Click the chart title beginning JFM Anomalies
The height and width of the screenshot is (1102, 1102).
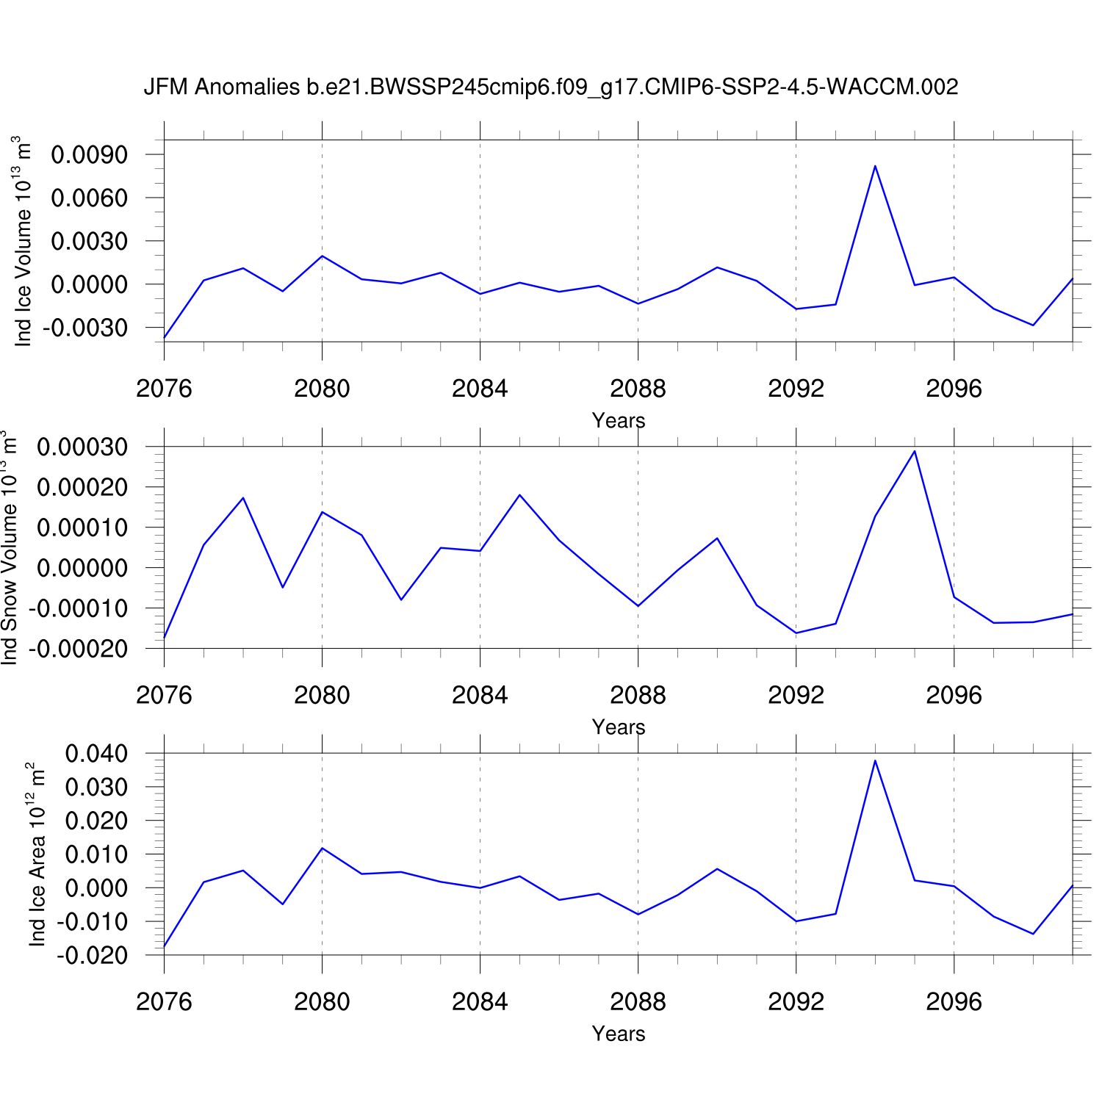coord(550,87)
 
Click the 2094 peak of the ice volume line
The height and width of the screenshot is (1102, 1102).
coord(875,166)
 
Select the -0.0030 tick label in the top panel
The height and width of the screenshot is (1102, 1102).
coord(85,328)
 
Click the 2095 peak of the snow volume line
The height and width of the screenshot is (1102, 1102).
coord(915,451)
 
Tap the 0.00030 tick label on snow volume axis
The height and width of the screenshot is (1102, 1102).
coord(82,447)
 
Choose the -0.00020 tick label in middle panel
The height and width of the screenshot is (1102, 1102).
coord(78,649)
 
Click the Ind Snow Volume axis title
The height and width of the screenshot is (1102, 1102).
coord(9,547)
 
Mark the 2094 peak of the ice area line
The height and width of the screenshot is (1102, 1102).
coord(875,760)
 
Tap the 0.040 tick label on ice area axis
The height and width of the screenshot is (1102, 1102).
coord(96,754)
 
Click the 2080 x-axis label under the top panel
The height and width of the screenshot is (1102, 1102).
coord(322,389)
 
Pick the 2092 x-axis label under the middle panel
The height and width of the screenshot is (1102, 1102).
coord(796,695)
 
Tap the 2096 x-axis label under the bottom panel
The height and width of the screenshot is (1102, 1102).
coord(954,1001)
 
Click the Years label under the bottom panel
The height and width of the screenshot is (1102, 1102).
coord(619,1034)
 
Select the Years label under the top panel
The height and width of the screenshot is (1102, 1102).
coord(619,420)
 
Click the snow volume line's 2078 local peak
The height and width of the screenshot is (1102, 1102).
coord(243,498)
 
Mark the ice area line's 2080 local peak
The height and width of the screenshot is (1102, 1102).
coord(322,849)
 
